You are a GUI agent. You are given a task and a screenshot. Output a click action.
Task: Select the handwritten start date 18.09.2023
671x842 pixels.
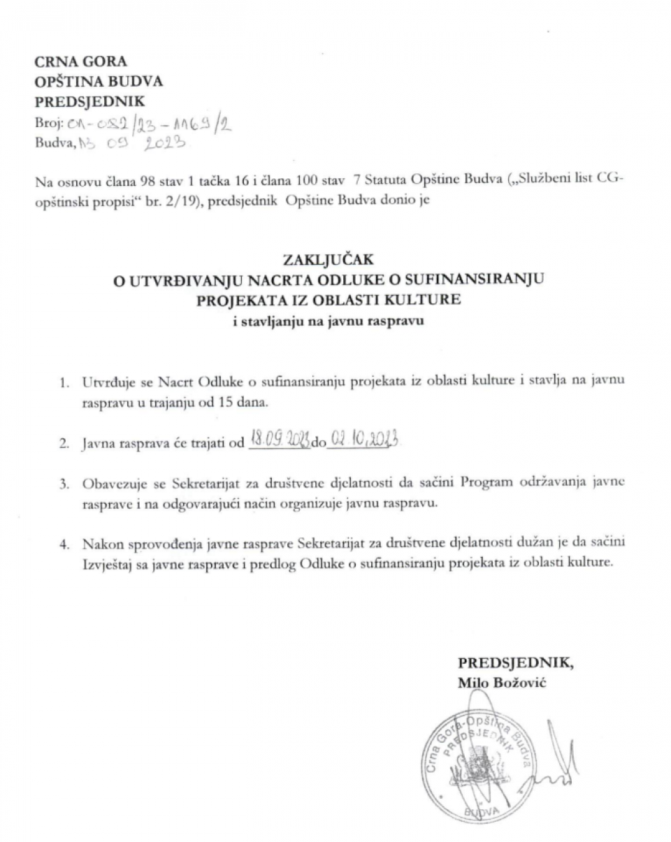[x=280, y=442]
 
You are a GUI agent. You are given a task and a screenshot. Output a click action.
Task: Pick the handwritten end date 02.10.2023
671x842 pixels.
[x=363, y=442]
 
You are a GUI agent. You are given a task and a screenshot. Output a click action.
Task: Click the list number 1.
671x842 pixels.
[x=64, y=382]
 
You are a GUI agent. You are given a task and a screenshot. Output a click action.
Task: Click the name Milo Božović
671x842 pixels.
[x=502, y=682]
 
